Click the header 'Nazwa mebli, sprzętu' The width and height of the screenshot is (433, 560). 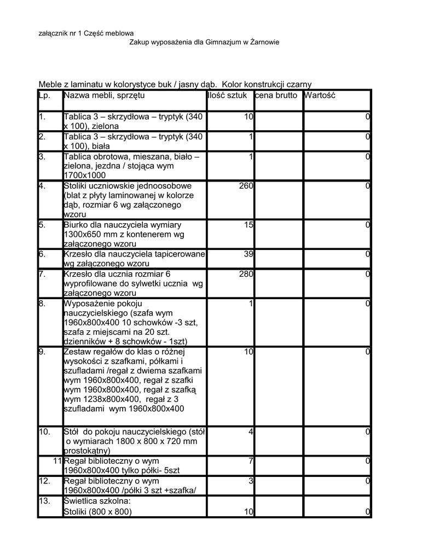(x=104, y=96)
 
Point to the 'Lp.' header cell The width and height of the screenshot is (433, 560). (x=44, y=96)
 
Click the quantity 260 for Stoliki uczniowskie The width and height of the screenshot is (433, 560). (x=246, y=186)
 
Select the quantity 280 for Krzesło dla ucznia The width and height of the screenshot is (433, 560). (x=246, y=274)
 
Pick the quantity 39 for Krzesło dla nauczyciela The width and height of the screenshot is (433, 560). (x=248, y=254)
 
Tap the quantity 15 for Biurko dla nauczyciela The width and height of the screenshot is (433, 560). (x=248, y=225)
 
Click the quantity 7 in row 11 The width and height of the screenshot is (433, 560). (x=251, y=462)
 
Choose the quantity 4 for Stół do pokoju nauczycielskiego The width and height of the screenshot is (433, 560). (x=251, y=432)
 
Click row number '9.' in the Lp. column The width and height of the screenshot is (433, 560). (x=43, y=352)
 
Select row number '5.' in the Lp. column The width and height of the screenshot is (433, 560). (x=43, y=225)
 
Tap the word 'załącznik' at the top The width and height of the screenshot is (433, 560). (x=52, y=34)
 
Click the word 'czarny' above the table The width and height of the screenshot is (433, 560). (x=298, y=84)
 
